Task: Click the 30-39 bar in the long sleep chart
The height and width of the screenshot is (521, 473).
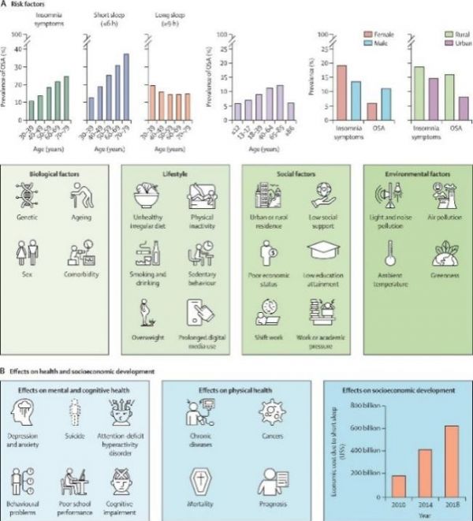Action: (x=151, y=93)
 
